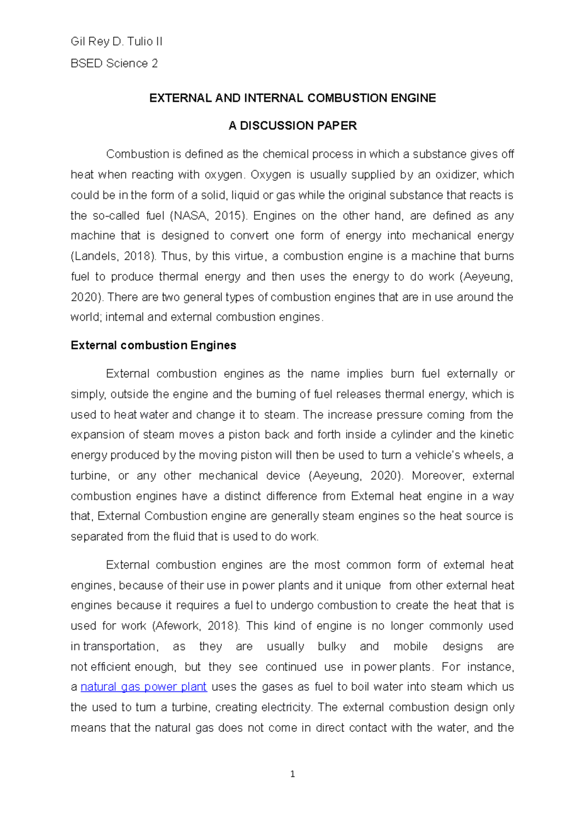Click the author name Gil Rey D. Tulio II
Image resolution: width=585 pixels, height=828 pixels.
coord(117,42)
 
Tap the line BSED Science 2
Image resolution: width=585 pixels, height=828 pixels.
coord(114,63)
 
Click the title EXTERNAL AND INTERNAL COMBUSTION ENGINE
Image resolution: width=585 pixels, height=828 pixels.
coord(292,99)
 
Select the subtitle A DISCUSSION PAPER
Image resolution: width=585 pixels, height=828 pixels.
coord(292,126)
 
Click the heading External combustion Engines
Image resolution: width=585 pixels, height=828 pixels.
coord(153,345)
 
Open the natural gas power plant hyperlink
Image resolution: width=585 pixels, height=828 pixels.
coord(143,687)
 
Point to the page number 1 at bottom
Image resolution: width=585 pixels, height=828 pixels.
coord(292,774)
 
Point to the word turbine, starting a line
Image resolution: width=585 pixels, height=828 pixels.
coord(90,475)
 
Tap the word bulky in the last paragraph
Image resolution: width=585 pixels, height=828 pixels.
coord(331,646)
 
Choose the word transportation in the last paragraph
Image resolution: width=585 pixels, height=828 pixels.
coord(120,646)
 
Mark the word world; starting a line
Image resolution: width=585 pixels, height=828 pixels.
coord(85,317)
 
